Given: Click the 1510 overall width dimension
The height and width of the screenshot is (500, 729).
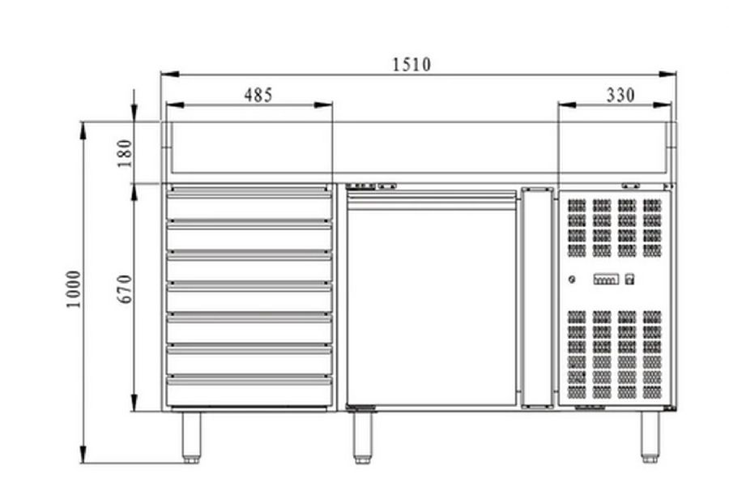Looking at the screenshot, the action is (x=411, y=64).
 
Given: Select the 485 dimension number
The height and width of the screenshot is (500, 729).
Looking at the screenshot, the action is (x=258, y=95).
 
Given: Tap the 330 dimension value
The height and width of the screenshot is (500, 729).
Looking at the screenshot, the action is (x=620, y=95).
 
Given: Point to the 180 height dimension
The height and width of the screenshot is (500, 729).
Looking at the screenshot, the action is (x=125, y=153).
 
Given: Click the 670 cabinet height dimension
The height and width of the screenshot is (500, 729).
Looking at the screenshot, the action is (x=125, y=288).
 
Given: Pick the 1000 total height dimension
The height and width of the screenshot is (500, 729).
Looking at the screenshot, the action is (x=74, y=288).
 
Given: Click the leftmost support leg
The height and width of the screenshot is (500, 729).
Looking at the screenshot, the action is (x=191, y=438).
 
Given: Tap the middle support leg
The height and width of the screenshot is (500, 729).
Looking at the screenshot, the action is (x=363, y=438).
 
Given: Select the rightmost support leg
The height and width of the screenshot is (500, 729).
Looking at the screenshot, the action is (x=650, y=438).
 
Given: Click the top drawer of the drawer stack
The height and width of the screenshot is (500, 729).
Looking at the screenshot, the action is (x=249, y=203).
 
